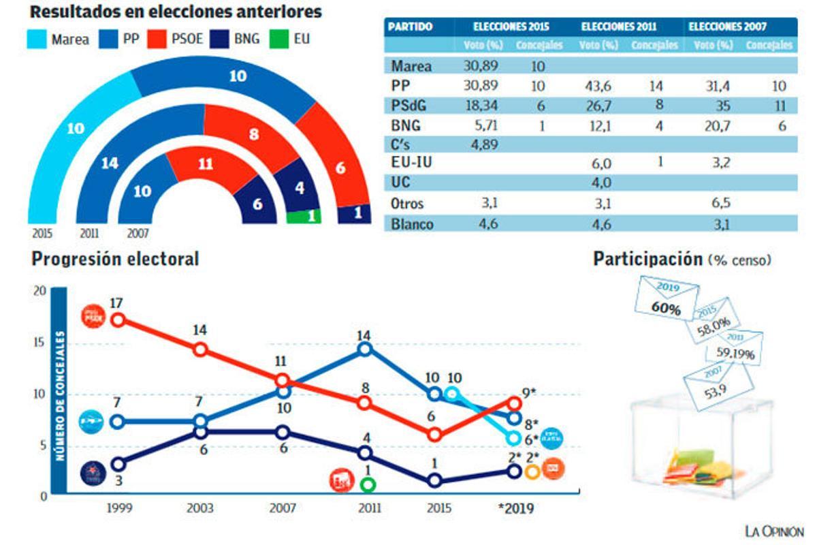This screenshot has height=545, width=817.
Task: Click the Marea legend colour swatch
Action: pyautogui.click(x=37, y=39)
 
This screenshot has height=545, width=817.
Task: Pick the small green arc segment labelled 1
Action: pyautogui.click(x=304, y=217)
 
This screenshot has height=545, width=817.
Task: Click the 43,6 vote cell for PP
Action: pyautogui.click(x=598, y=86)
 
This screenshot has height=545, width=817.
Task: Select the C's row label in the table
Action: pyautogui.click(x=402, y=144)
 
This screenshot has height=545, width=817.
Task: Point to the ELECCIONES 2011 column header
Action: pyautogui.click(x=619, y=27)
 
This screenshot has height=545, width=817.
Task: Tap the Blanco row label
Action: pyautogui.click(x=412, y=223)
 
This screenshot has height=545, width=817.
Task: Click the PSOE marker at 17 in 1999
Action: pyautogui.click(x=118, y=320)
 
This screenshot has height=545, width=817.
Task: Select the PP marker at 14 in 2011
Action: pyautogui.click(x=365, y=349)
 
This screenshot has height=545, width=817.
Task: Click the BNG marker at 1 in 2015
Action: pyautogui.click(x=435, y=481)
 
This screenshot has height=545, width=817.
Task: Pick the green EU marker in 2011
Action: pyautogui.click(x=368, y=484)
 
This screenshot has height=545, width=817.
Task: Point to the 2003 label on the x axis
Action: pyautogui.click(x=199, y=508)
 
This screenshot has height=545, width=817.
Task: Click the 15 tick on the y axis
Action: pyautogui.click(x=39, y=343)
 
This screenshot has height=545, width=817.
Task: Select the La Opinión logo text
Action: pyautogui.click(x=773, y=531)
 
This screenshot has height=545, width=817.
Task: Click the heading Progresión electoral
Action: pyautogui.click(x=116, y=260)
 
